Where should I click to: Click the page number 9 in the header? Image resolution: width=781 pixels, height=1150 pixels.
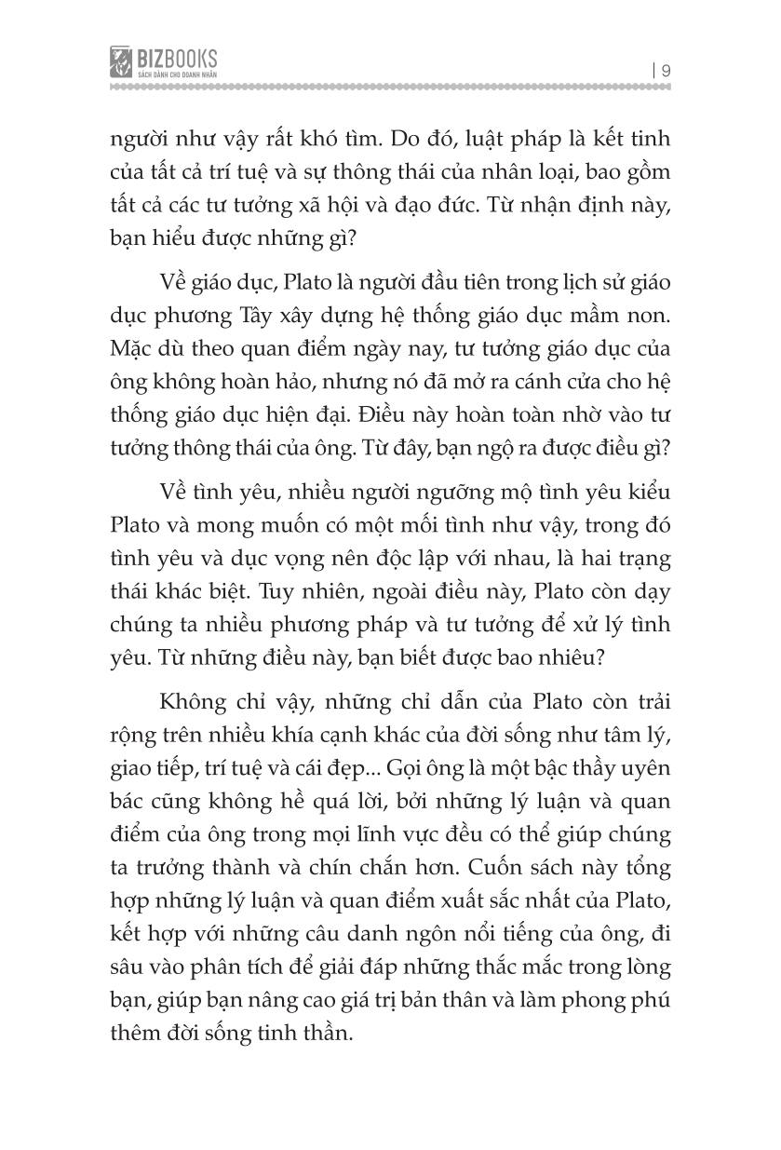pyautogui.click(x=667, y=68)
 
